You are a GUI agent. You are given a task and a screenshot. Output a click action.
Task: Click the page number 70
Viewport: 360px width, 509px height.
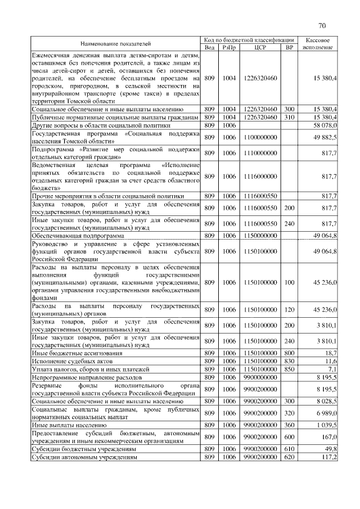[x=322, y=26]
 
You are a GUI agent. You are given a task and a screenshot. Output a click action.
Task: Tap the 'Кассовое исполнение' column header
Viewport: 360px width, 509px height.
[x=318, y=44]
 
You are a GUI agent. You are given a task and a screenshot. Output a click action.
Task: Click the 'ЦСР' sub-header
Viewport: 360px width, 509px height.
[x=260, y=48]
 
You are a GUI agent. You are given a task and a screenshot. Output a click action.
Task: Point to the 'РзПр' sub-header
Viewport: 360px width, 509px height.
[x=229, y=48]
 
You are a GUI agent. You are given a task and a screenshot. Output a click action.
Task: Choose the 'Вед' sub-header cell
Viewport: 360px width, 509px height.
[x=209, y=48]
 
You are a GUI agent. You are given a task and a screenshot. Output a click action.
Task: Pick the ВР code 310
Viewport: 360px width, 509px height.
[x=289, y=116]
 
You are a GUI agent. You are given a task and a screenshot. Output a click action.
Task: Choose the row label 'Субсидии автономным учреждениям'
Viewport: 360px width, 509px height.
[x=84, y=457]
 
